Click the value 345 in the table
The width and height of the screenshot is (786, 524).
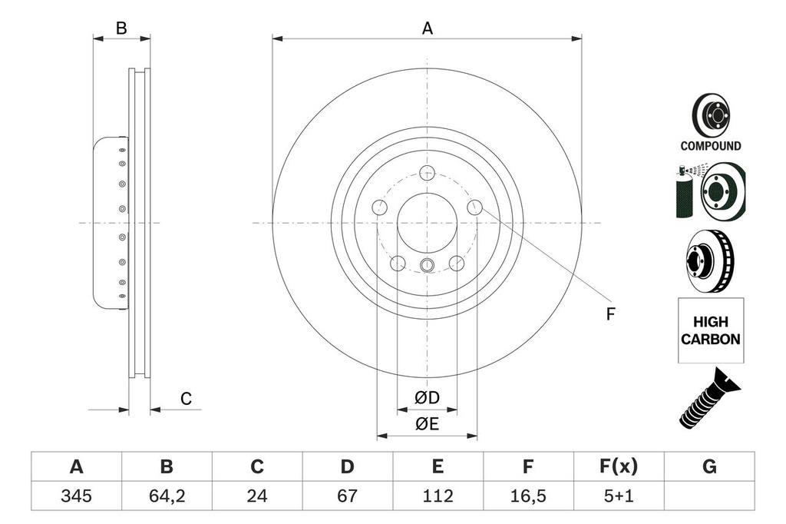coord(76,496)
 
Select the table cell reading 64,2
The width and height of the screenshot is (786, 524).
coord(166,496)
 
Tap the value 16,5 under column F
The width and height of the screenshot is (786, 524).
coord(527,496)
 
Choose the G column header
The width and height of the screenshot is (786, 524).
coord(708,466)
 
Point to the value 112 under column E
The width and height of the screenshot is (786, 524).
coord(437,496)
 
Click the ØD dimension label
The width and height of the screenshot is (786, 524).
coord(427,398)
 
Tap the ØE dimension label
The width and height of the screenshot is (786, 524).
coord(427,425)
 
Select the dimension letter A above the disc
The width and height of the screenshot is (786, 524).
coord(428,28)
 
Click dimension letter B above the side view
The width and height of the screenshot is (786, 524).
coord(121,28)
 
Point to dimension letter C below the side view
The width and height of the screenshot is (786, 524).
coord(185,399)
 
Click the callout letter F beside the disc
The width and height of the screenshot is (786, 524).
coord(611,314)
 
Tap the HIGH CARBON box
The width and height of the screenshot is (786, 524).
coord(710,330)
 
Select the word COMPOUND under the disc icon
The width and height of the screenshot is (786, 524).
coord(710,146)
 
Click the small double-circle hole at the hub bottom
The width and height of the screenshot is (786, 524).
coord(428,266)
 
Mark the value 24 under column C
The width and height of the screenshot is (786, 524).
coord(257,496)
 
